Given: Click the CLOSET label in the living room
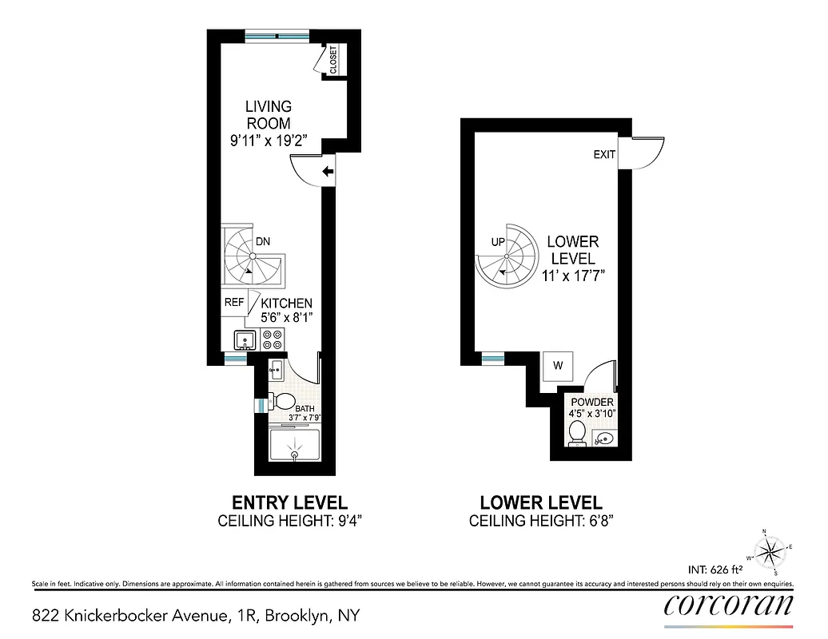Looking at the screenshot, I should click(333, 60).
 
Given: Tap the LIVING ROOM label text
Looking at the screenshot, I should click(268, 115).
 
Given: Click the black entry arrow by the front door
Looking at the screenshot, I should click(327, 171).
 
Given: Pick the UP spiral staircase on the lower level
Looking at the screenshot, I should click(508, 256).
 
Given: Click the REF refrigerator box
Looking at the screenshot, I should click(234, 303).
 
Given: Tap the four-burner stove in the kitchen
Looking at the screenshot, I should click(273, 341).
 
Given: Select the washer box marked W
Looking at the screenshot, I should click(559, 366).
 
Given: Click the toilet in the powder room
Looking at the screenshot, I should click(575, 432).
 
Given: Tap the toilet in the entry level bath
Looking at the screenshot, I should click(281, 402).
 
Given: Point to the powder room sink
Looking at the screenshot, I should click(605, 438).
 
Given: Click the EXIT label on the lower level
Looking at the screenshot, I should click(604, 154).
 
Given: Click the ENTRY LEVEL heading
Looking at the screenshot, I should click(289, 503).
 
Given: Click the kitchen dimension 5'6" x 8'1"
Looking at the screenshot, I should click(285, 317).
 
